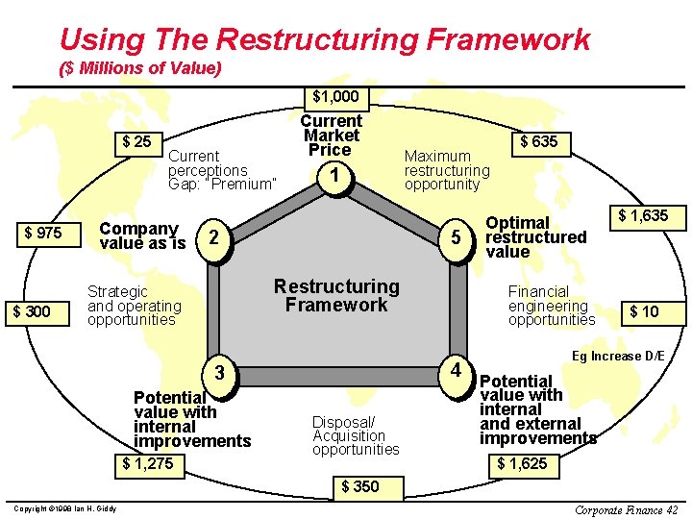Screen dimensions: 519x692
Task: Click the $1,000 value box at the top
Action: (x=335, y=96)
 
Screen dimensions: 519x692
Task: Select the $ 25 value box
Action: (x=137, y=142)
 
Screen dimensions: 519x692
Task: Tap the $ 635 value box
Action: (x=538, y=142)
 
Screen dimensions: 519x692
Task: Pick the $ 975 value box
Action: (x=43, y=234)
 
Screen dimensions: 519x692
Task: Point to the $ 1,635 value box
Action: (x=643, y=216)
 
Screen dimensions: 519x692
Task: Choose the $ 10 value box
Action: (x=643, y=311)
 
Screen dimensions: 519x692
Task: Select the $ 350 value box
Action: (x=360, y=486)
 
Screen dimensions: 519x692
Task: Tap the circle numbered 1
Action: (x=334, y=176)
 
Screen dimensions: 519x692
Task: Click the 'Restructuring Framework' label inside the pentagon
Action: (x=336, y=295)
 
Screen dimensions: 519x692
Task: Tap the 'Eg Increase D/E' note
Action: (x=618, y=356)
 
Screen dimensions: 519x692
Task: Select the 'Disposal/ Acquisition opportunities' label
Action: (x=356, y=435)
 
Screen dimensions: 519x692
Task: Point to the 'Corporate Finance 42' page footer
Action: (x=626, y=509)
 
